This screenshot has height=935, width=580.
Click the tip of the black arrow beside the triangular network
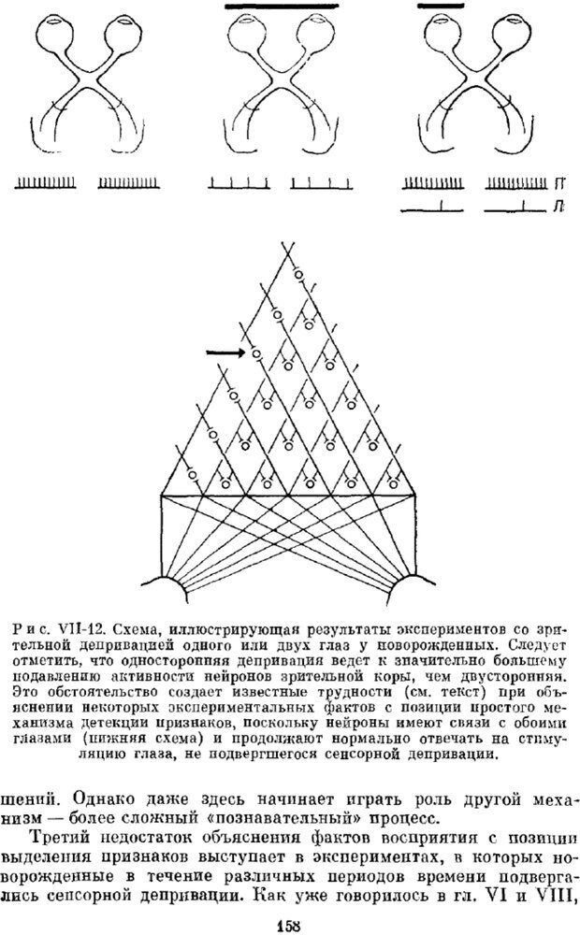click(246, 353)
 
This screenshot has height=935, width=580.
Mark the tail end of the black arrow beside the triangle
click(207, 353)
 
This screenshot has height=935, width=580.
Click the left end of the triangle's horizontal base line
click(162, 495)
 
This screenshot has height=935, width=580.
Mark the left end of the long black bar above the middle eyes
click(225, 7)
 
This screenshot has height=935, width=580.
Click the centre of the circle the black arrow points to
click(256, 354)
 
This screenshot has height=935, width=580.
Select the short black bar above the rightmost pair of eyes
click(441, 6)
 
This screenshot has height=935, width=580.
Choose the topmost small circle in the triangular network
click(298, 274)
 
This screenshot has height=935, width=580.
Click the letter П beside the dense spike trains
click(558, 183)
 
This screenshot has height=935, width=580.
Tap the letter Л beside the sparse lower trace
click(558, 207)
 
